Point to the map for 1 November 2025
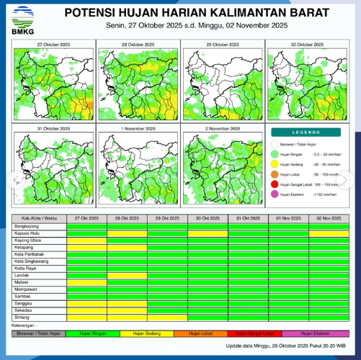click(x=138, y=166)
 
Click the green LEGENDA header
click(x=306, y=132)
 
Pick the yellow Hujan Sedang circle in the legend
click(x=274, y=163)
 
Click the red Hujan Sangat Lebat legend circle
click(x=274, y=184)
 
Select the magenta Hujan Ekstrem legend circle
click(x=274, y=194)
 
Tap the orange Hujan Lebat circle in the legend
click(x=274, y=174)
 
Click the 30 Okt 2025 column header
click(x=208, y=218)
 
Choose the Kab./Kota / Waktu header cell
click(x=40, y=218)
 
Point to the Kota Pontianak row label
click(x=30, y=254)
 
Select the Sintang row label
click(x=22, y=317)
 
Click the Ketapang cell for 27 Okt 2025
click(x=86, y=247)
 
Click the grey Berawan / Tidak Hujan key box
click(x=39, y=333)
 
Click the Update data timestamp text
click(x=287, y=346)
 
